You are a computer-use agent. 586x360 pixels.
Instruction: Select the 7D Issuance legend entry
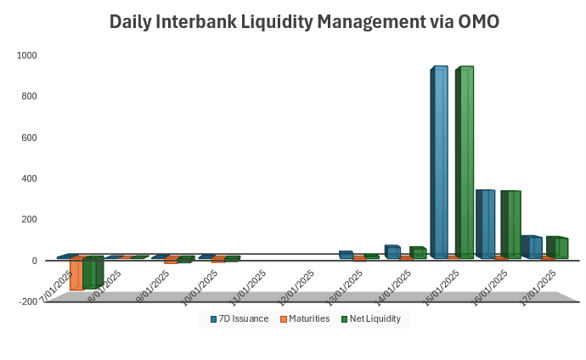pos(239,318)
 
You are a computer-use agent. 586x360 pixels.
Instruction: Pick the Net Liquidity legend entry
pos(371,318)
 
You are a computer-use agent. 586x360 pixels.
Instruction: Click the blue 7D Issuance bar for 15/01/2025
pos(439,161)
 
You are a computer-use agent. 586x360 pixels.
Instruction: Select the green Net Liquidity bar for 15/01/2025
pos(465,161)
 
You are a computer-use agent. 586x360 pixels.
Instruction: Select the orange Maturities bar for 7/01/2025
pos(76,274)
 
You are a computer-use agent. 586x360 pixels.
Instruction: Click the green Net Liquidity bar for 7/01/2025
pos(92,273)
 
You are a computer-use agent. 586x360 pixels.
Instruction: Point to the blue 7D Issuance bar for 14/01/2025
pos(392,252)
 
